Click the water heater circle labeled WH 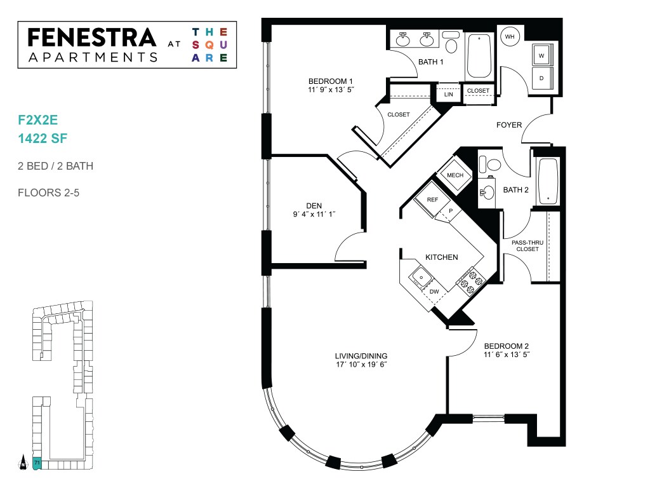point(509,37)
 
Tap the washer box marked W point(541,56)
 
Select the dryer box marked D point(541,78)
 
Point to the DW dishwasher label point(434,292)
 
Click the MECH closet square point(455,175)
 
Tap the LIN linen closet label point(449,94)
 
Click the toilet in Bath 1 point(451,43)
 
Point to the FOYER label point(508,125)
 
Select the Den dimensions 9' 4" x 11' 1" point(314,215)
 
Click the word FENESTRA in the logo point(92,37)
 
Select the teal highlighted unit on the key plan point(37,463)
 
